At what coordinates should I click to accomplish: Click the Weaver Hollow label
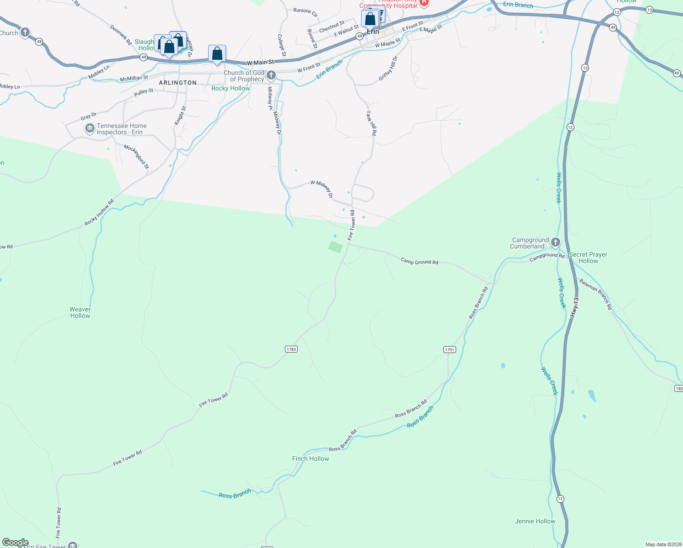click(x=80, y=312)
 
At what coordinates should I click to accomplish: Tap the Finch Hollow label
click(x=310, y=458)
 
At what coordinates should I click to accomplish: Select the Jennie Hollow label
click(x=535, y=521)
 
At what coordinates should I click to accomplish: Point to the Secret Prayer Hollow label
click(x=588, y=258)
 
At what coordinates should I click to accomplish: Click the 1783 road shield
click(x=291, y=349)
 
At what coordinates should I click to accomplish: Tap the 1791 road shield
click(x=450, y=350)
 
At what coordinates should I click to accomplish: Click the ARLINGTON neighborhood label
click(x=178, y=83)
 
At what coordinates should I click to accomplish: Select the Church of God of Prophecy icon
click(x=271, y=75)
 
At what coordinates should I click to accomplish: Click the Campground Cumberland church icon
click(x=556, y=242)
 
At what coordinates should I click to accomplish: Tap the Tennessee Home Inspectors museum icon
click(x=89, y=128)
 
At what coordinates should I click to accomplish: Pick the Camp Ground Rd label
click(x=419, y=261)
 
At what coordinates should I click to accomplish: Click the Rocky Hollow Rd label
click(x=99, y=213)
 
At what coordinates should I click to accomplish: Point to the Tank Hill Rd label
click(x=371, y=123)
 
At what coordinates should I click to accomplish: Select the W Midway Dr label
click(x=322, y=189)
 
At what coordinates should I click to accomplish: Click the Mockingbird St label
click(x=137, y=157)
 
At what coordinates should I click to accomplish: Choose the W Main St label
click(x=260, y=62)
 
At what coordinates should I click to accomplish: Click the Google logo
click(x=16, y=543)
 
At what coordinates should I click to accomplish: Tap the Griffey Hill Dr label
click(x=389, y=68)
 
